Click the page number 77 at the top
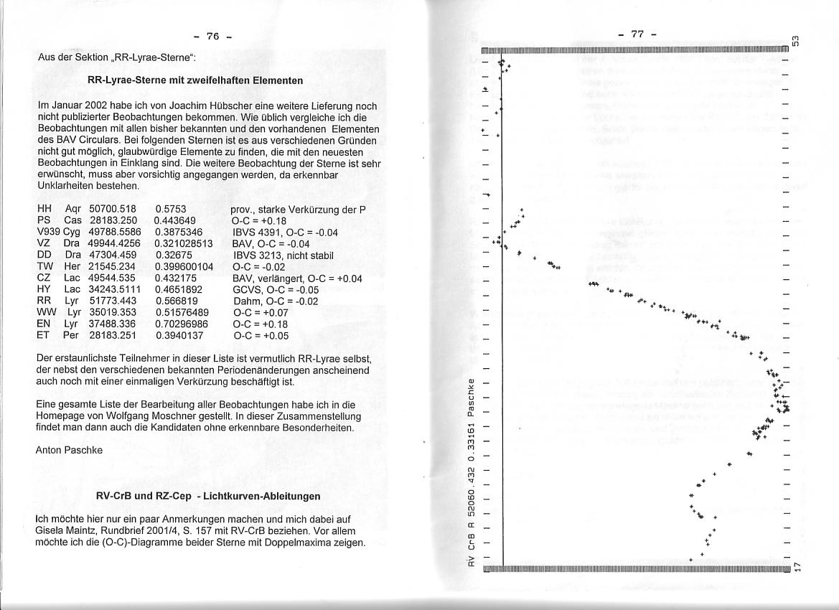pos(637,34)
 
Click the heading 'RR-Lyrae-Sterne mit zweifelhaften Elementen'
pos(194,80)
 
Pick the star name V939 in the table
pos(49,233)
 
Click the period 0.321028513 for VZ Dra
pos(184,243)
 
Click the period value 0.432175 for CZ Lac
pos(176,278)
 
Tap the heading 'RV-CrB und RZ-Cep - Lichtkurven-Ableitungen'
pos(208,496)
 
